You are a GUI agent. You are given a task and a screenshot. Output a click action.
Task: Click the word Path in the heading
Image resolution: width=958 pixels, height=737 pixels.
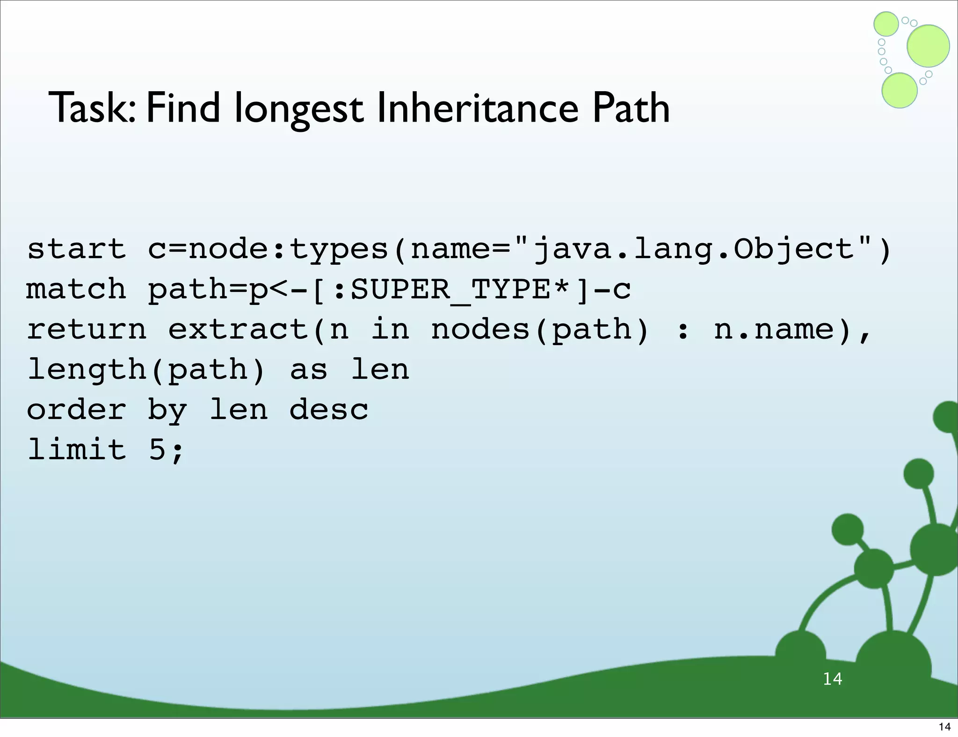coord(631,108)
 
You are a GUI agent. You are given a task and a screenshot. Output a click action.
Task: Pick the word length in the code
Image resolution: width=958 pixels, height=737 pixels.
coord(87,370)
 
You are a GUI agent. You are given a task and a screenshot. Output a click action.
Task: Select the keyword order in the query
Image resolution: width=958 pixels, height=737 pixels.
coord(76,410)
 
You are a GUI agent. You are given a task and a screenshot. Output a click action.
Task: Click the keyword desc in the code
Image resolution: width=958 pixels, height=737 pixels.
coord(329,410)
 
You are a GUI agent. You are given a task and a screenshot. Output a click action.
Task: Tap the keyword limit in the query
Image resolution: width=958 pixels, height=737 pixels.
coord(77,449)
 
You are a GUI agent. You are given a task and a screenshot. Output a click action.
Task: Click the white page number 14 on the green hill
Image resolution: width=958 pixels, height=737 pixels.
coord(832,679)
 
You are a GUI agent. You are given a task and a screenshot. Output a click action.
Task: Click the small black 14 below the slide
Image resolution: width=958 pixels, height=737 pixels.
coord(944,727)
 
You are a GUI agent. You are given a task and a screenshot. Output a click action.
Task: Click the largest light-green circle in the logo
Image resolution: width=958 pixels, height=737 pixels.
coord(928,46)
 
